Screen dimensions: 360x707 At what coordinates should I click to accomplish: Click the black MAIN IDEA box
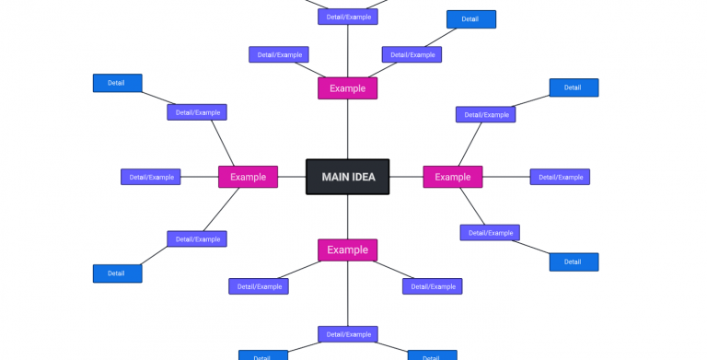coord(347,177)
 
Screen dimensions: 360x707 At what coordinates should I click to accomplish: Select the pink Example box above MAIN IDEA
coord(347,88)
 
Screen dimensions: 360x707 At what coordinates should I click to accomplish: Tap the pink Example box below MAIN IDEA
coord(347,250)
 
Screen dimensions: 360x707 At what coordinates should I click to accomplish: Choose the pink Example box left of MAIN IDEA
coord(248,177)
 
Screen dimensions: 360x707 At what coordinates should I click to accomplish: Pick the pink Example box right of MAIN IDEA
coord(452,177)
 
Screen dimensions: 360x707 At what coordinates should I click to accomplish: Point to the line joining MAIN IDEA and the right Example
coord(406,177)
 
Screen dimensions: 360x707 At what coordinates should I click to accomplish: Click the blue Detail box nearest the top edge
coord(470,19)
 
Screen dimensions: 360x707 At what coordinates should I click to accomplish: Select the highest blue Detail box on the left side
coord(117,83)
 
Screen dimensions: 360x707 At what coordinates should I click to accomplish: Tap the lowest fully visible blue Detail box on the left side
coord(117,273)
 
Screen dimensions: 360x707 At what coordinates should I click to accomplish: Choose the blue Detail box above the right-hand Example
coord(574,87)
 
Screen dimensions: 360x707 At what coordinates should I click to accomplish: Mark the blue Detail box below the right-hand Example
coord(574,261)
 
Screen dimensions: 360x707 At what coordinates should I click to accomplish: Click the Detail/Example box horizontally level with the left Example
coord(151,177)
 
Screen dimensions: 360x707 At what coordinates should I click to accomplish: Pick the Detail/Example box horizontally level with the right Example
coord(560,177)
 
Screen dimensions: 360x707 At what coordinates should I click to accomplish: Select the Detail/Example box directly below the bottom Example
coord(347,334)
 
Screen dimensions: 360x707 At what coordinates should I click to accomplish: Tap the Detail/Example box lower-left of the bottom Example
coord(259,286)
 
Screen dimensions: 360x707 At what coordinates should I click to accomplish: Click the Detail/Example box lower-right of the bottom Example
coord(432,286)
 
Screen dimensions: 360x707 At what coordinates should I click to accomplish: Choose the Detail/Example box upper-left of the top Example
coord(279,54)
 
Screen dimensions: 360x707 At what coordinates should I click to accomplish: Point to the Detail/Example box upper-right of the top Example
coord(411,54)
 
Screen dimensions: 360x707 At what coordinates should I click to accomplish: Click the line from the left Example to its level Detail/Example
coord(199,177)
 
